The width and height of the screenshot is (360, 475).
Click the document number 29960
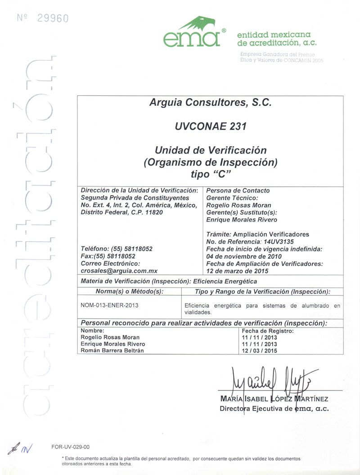click(53, 18)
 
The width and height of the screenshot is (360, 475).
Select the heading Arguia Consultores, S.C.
click(211, 103)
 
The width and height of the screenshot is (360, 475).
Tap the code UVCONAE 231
click(211, 127)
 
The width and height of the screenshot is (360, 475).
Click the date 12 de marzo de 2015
click(237, 271)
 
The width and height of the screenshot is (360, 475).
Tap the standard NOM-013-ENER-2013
click(109, 305)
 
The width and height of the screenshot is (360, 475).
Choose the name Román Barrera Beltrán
click(112, 351)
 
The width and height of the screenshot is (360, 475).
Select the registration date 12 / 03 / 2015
click(259, 351)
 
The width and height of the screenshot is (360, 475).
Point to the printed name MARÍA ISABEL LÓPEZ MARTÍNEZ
click(274, 399)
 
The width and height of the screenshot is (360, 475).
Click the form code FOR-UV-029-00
click(71, 447)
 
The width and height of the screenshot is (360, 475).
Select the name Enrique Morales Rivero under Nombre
click(112, 344)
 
